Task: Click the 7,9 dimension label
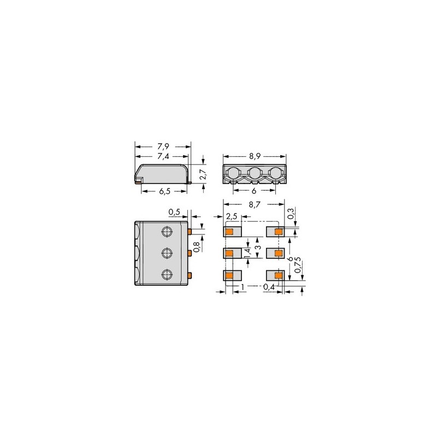[x=163, y=146]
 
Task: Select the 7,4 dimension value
[x=163, y=156]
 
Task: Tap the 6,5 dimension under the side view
[x=164, y=192]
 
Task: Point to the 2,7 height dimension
[x=203, y=174]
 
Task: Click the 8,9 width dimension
[x=255, y=156]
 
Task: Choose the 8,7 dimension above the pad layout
[x=254, y=204]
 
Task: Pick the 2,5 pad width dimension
[x=232, y=216]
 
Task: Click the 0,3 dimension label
[x=290, y=214]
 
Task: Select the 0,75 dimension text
[x=298, y=265]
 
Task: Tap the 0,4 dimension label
[x=269, y=286]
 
